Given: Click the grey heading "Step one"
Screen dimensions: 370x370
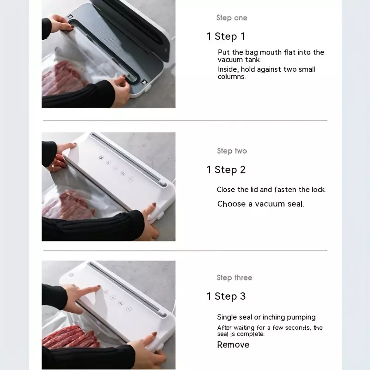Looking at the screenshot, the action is coord(232,18).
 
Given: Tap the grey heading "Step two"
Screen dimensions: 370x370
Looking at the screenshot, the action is coord(232,151).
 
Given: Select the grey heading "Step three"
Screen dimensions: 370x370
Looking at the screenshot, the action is coord(234,277).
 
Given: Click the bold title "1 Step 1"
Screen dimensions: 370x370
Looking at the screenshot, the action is coord(226,37).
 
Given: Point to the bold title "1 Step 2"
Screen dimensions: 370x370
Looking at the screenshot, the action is coord(226,170).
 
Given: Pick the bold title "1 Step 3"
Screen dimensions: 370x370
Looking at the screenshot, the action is coord(226,296).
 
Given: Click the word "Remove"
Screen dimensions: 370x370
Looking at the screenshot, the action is coord(233,345).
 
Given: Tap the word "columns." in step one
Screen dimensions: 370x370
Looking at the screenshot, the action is coord(232,77).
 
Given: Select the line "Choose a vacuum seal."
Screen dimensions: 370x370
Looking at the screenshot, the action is coord(261,204).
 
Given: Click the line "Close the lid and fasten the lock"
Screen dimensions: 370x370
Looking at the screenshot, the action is coord(271,190).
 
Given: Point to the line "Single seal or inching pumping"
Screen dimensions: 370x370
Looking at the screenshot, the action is coord(266,317).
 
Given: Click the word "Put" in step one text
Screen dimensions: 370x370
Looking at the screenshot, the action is coord(224,52).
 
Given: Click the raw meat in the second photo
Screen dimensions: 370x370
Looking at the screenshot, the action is coord(68,206).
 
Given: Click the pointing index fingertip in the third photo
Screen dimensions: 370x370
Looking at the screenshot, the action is coord(99,287).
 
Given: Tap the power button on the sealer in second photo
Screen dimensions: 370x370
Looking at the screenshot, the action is coord(101,157).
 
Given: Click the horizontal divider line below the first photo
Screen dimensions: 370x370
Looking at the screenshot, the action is coord(185,121).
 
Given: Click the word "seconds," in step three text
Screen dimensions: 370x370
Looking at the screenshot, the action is coord(298,328).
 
